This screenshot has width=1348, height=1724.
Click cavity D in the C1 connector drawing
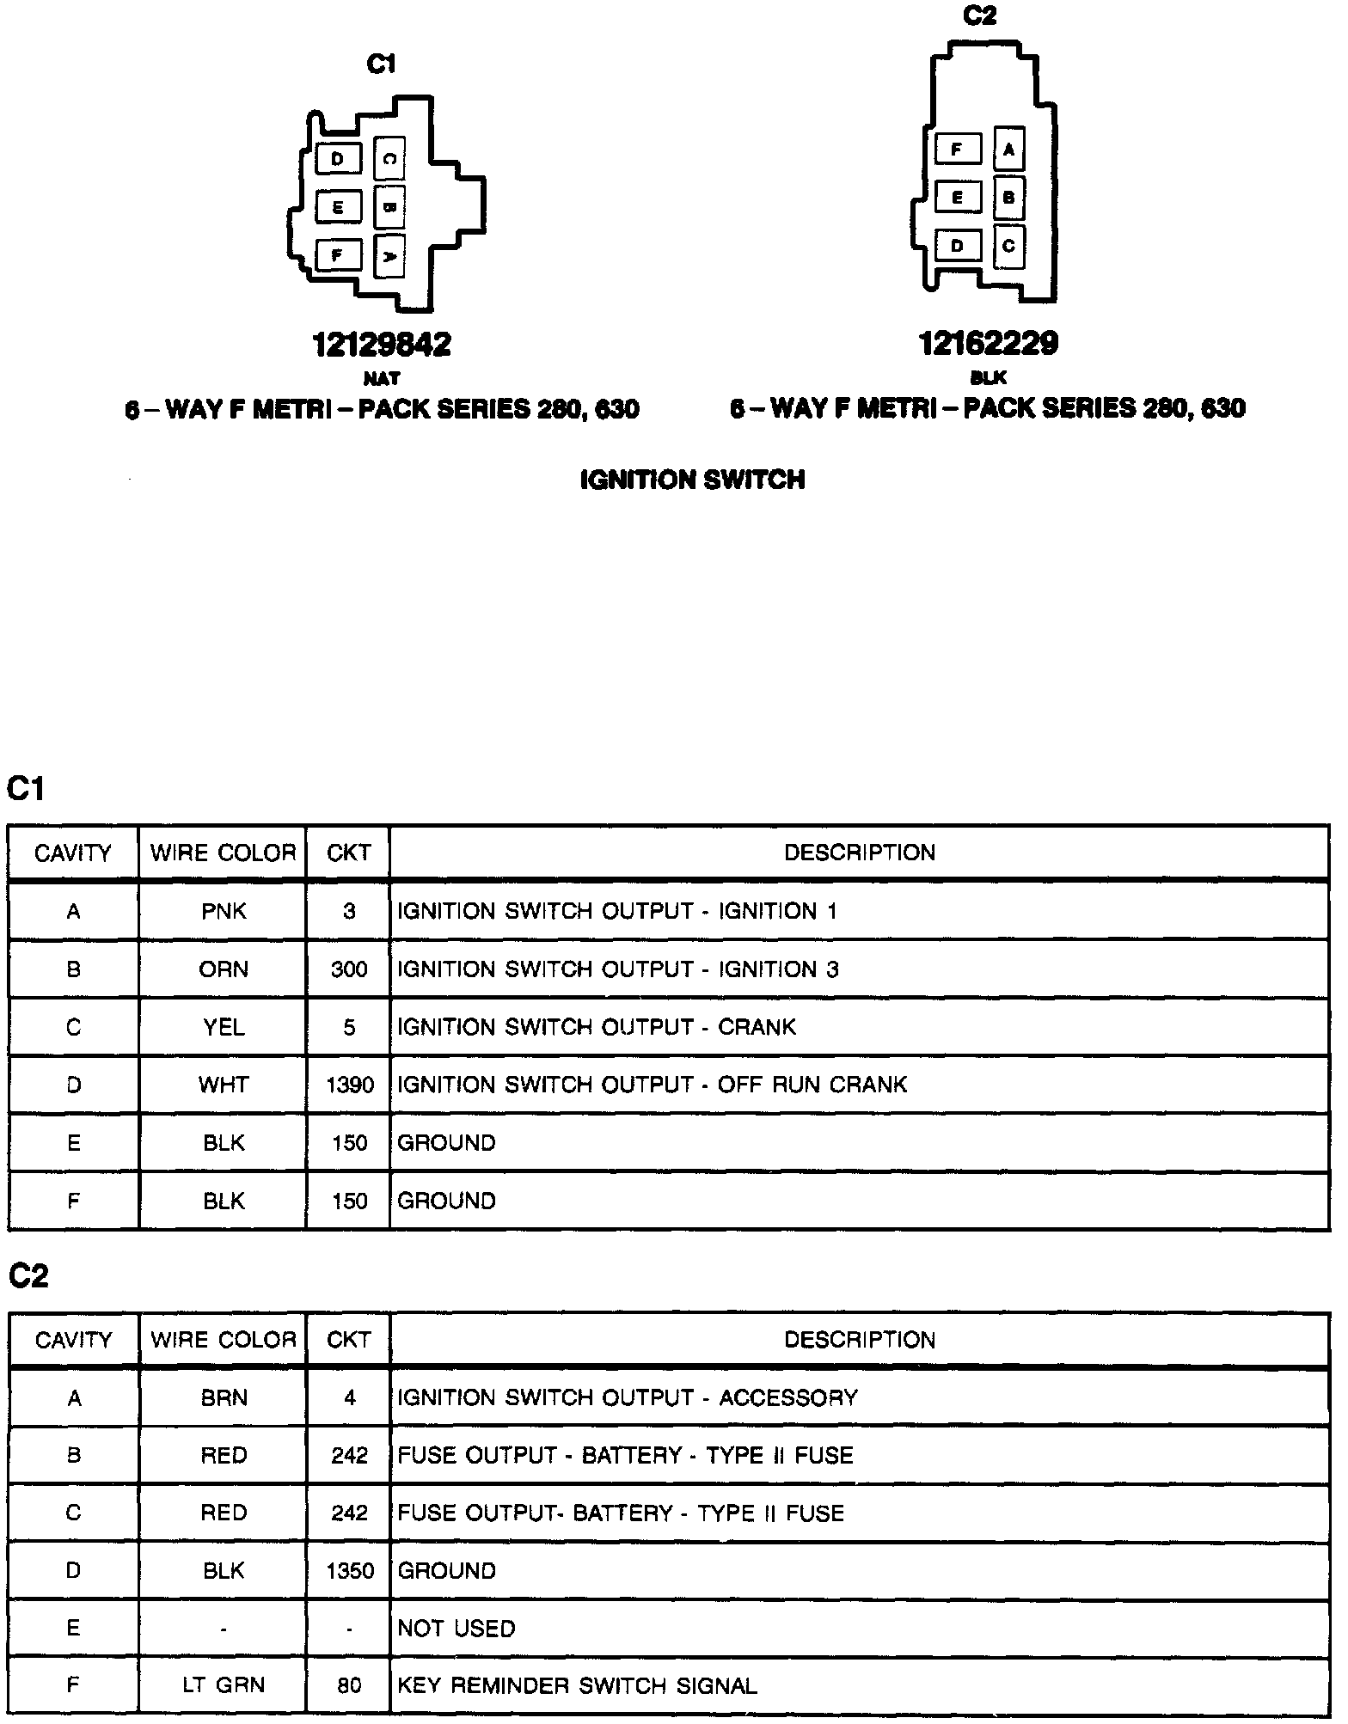[x=337, y=159]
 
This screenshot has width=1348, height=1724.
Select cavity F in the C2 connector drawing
[x=956, y=150]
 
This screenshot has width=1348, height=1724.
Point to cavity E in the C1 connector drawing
[x=337, y=207]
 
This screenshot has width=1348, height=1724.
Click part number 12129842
[x=382, y=345]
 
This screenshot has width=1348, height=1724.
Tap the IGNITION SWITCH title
[x=693, y=480]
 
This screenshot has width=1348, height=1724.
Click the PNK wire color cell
[x=224, y=911]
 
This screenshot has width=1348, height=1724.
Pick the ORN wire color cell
[x=224, y=969]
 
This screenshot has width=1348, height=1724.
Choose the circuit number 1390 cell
[x=349, y=1085]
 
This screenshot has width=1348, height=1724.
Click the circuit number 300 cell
[x=349, y=969]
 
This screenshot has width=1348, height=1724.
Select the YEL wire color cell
[x=224, y=1027]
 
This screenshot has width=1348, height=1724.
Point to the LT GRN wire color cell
[x=224, y=1685]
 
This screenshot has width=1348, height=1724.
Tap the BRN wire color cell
[x=224, y=1397]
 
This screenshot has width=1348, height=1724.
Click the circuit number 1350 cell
[x=349, y=1571]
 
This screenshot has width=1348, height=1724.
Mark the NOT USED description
[x=456, y=1629]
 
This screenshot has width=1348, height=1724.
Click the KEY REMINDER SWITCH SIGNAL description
[x=577, y=1685]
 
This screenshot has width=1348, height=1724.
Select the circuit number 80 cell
[x=349, y=1685]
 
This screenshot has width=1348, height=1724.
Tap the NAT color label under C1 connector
[x=382, y=378]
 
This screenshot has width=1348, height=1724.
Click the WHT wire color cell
[x=224, y=1085]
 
